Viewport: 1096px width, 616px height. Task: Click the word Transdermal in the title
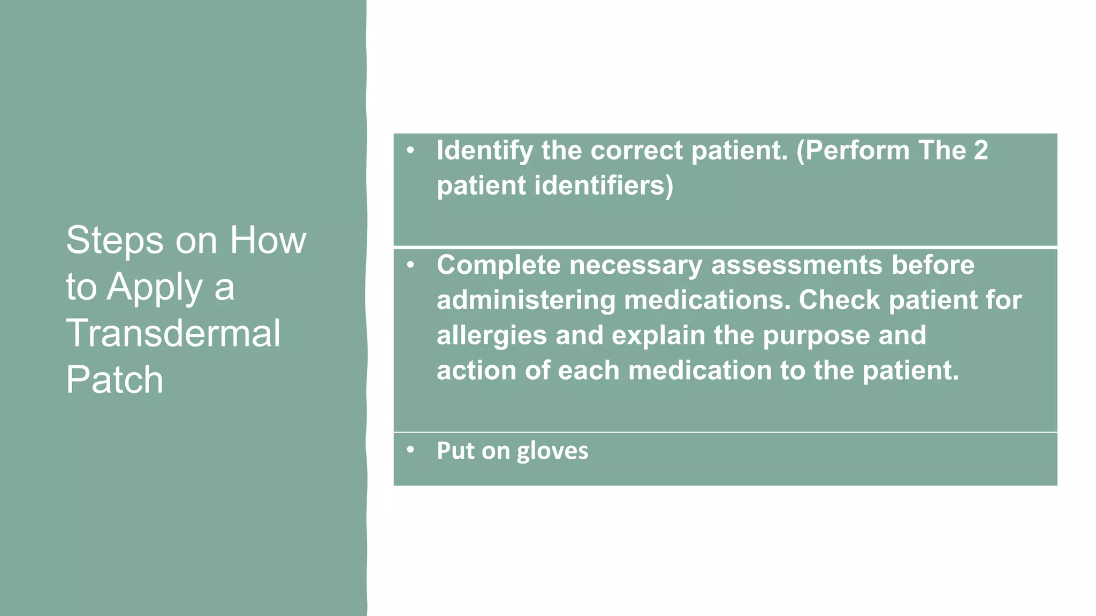tap(173, 333)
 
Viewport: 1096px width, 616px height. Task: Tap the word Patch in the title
tap(115, 380)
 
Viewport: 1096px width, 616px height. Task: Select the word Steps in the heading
tap(115, 241)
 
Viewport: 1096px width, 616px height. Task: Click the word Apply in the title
tap(155, 288)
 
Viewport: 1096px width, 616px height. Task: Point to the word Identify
tap(484, 151)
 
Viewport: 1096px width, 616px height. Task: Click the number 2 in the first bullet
tap(980, 150)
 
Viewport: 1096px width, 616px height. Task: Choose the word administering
tap(526, 300)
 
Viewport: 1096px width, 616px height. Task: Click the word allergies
tap(492, 335)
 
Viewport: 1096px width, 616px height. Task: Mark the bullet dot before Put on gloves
tap(410, 450)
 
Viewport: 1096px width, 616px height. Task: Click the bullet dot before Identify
tap(410, 150)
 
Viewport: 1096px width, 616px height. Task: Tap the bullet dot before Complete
tap(410, 265)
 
